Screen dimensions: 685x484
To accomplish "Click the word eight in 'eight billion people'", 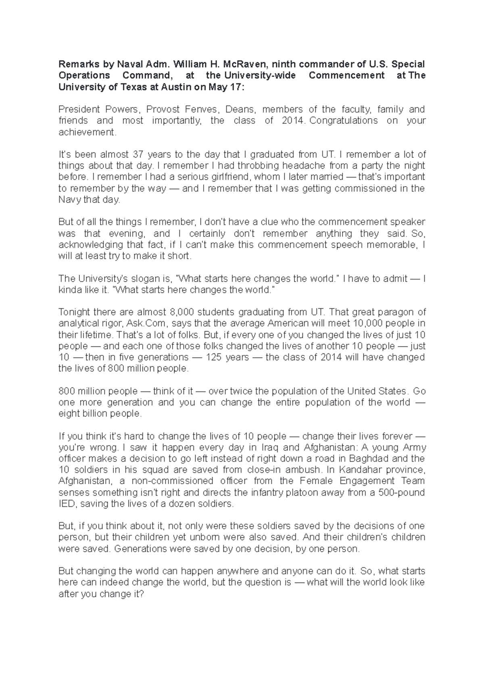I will point(69,414).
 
